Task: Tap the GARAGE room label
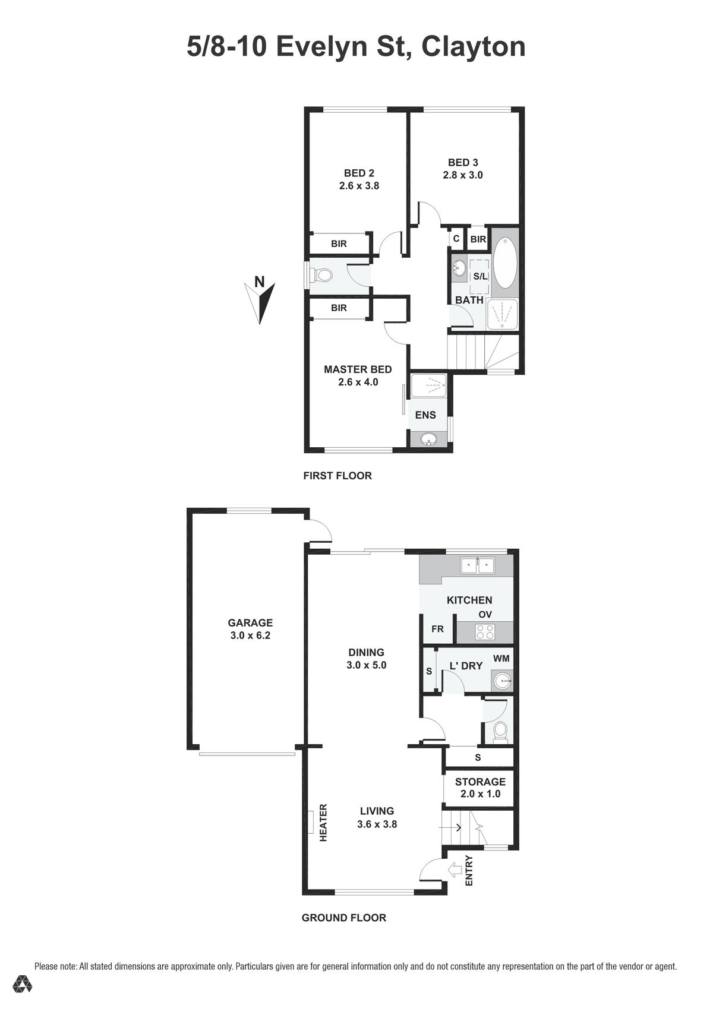(250, 622)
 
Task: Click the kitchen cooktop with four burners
(485, 631)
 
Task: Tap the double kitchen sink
(478, 565)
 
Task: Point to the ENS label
(425, 415)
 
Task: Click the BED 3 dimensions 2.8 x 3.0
(462, 175)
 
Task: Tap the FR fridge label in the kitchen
(437, 628)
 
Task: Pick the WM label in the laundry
(501, 658)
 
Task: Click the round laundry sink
(503, 681)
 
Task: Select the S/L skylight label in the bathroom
(479, 276)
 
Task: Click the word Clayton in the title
(474, 48)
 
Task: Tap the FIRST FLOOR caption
(337, 475)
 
